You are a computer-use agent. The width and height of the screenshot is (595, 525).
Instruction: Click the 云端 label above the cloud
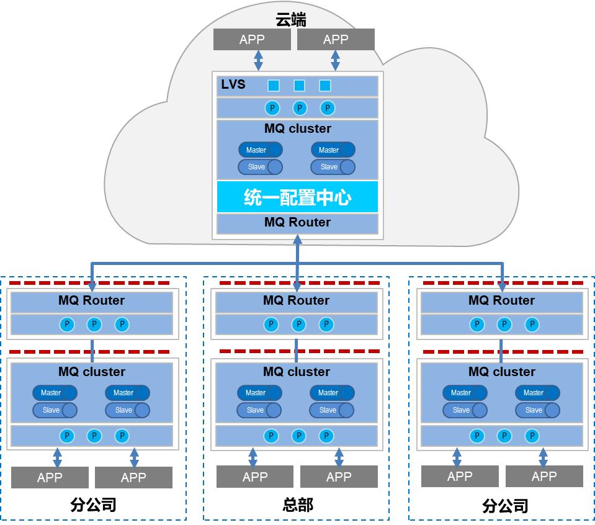coord(291,20)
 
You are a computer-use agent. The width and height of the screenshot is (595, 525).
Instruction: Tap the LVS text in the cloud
coord(233,85)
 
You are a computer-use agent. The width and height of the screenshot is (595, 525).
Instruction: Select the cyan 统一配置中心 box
coord(297,197)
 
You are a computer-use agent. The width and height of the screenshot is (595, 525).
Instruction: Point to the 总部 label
coord(298,505)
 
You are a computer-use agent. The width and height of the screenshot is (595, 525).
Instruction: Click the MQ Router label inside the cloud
coord(297,222)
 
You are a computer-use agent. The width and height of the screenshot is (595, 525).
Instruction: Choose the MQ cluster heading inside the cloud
coord(297,129)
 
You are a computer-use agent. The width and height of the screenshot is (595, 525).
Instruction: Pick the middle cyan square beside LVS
coord(299,86)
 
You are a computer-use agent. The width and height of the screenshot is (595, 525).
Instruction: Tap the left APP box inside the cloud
coord(252,40)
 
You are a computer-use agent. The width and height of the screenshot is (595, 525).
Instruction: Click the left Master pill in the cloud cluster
coord(260,150)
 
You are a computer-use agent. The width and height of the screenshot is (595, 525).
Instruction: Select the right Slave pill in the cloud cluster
coord(333,167)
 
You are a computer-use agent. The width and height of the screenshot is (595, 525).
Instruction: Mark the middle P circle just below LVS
coord(300,108)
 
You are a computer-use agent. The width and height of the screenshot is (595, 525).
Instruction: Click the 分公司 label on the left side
coord(94,505)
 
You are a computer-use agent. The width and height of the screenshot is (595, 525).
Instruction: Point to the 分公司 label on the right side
coord(505,506)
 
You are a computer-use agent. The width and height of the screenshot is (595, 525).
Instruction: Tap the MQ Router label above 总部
coord(296,300)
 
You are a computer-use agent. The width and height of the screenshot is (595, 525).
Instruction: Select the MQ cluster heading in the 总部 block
coord(296,372)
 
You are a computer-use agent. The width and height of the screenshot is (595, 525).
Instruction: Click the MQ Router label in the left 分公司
coord(92,300)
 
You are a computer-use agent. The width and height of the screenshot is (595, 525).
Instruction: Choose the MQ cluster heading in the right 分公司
coord(501,372)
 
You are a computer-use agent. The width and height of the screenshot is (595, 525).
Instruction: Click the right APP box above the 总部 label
coord(339,477)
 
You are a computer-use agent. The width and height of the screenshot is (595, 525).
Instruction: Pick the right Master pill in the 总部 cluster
coord(332,393)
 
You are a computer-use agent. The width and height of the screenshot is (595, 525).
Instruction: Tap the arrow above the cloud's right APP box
coord(336,61)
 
